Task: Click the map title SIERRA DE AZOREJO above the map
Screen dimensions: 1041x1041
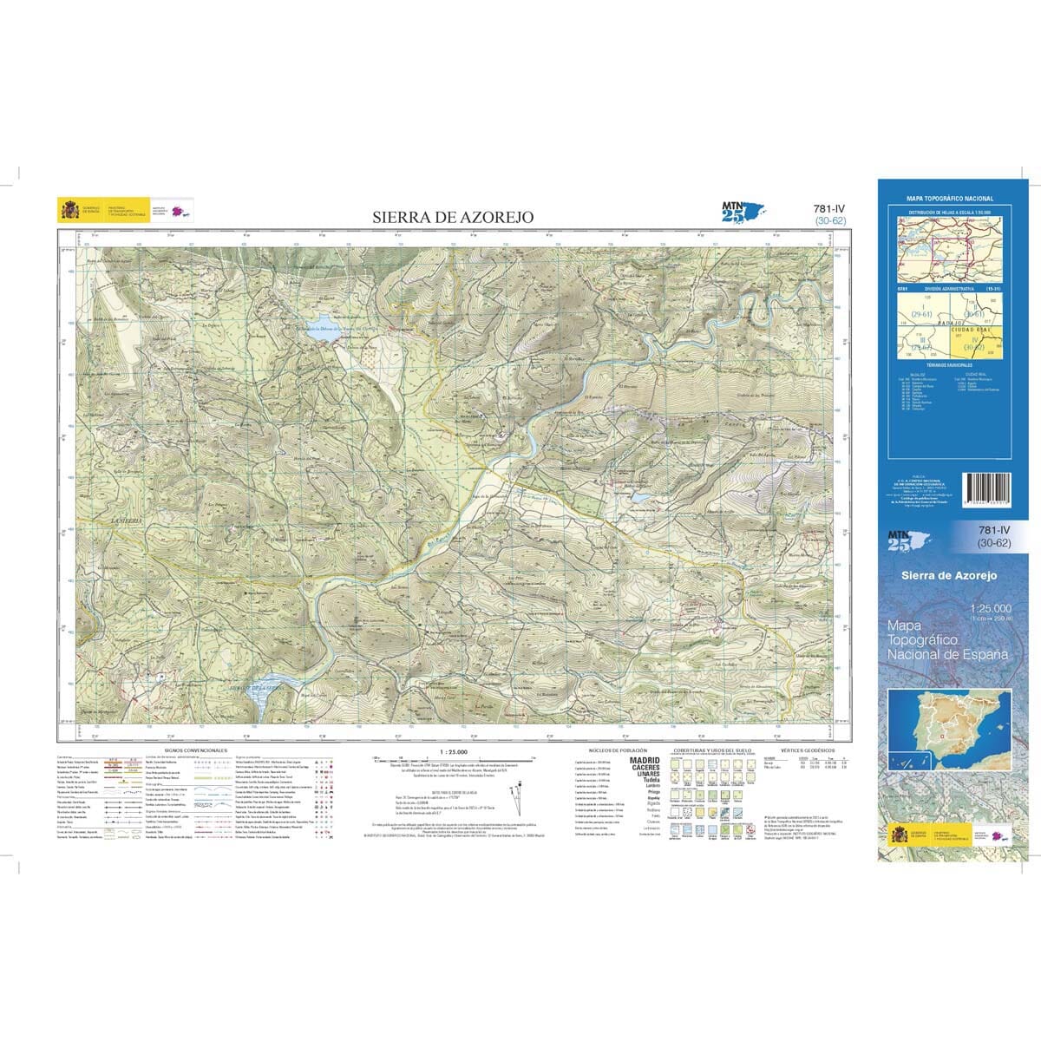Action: [453, 217]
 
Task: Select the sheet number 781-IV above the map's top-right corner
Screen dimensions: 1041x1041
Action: [830, 209]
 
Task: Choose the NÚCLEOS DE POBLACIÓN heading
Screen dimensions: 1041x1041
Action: [613, 749]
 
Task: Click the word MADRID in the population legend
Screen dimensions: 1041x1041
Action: [644, 761]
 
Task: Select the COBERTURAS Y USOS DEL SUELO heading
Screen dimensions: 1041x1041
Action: [707, 749]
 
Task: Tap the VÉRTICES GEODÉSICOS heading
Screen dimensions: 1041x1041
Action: [807, 749]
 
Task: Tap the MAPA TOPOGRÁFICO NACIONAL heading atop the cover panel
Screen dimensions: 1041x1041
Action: [949, 199]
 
